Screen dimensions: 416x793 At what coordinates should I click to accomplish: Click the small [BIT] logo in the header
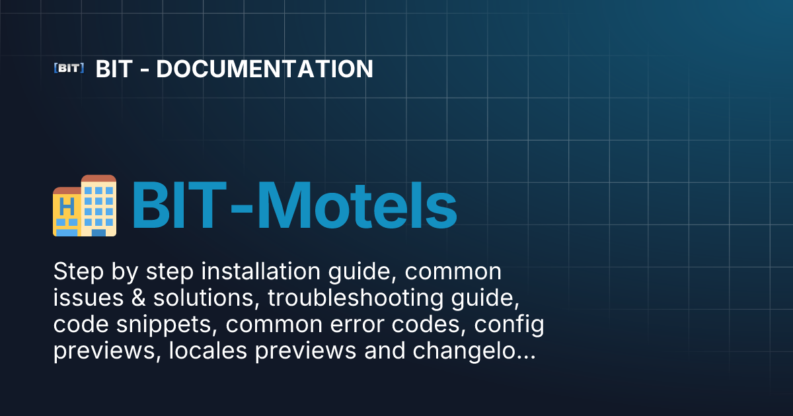[x=68, y=68]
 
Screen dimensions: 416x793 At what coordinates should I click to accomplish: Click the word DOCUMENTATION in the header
[x=264, y=69]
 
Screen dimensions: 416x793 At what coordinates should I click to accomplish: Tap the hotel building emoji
[x=85, y=205]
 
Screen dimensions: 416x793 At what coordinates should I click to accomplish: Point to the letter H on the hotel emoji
[x=66, y=207]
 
